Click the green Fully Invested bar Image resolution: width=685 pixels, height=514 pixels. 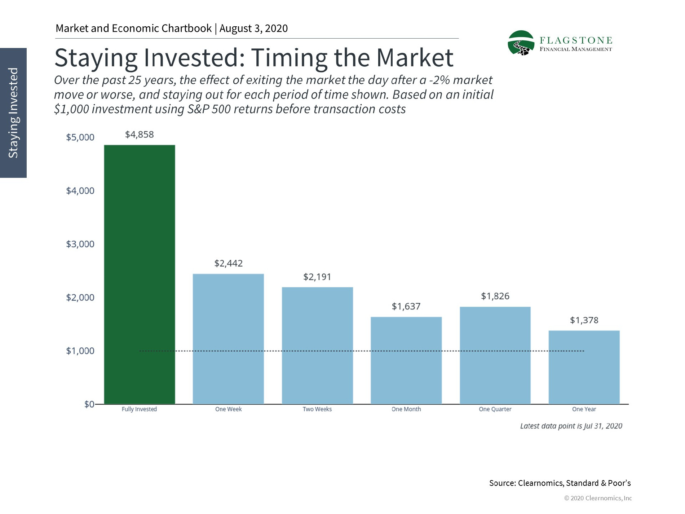(x=140, y=274)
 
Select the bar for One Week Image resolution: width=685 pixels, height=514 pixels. (x=228, y=339)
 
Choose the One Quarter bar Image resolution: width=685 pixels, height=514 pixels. (x=495, y=355)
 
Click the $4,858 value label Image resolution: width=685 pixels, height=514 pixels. (x=140, y=135)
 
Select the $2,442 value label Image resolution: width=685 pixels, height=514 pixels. (x=229, y=263)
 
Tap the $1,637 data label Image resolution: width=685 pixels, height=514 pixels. (x=406, y=307)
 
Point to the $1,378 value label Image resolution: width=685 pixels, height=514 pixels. (x=584, y=320)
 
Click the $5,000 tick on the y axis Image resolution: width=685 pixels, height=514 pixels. (x=80, y=137)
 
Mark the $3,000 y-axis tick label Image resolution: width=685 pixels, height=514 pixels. (x=80, y=244)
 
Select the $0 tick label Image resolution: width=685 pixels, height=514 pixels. (x=89, y=404)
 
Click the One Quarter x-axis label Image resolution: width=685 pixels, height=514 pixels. (x=495, y=409)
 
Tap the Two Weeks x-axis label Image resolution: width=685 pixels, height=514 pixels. (x=317, y=409)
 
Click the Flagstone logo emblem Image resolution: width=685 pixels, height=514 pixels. (x=521, y=43)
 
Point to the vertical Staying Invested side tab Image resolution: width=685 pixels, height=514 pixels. (x=13, y=113)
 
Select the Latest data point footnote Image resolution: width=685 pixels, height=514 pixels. (x=571, y=426)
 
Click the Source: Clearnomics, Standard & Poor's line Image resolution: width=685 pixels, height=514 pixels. (x=560, y=483)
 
